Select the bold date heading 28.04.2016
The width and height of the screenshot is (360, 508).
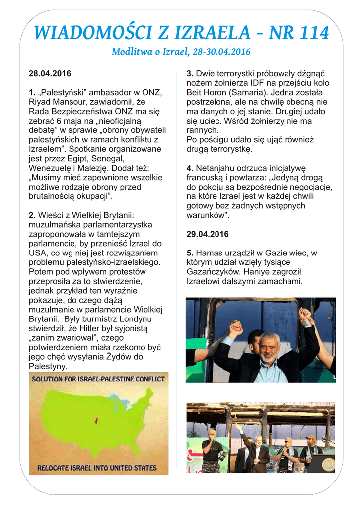pos(50,74)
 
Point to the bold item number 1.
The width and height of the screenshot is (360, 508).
pos(32,93)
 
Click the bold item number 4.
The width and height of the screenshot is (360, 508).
pos(189,168)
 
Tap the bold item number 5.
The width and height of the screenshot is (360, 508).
pos(189,253)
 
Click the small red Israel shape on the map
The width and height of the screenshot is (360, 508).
pos(96,421)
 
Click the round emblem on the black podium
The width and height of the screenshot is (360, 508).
pos(328,464)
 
